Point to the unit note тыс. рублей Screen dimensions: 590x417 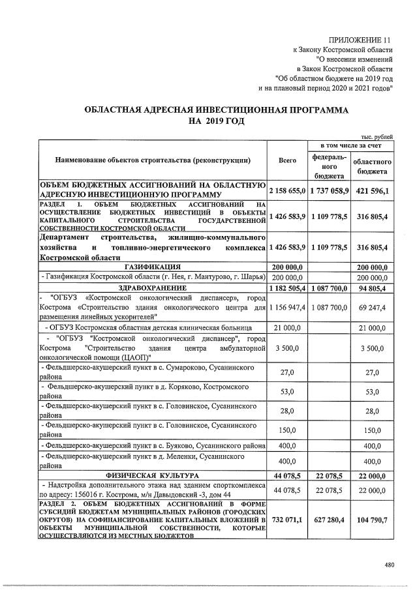377,136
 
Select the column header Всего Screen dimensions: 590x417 287,160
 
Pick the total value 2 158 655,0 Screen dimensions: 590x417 287,191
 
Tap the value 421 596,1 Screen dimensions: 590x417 372,191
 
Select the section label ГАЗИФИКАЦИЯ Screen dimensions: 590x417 151,266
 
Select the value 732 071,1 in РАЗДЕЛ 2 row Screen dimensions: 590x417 287,520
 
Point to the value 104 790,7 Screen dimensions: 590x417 372,520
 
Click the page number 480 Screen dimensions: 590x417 389,565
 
